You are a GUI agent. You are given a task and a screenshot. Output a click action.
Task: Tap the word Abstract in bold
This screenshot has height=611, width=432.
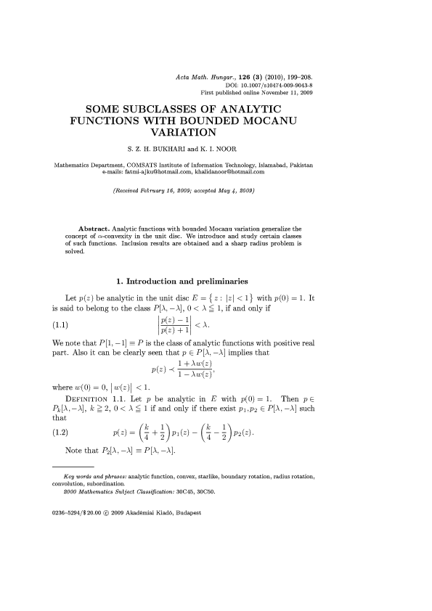tap(93, 228)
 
